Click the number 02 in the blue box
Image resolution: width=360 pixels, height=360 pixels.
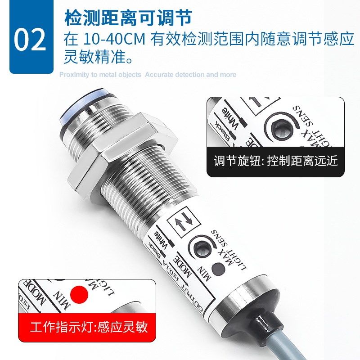click(30, 39)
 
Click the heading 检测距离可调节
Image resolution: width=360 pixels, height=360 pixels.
click(128, 18)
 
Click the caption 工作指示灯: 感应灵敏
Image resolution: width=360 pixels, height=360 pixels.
click(88, 326)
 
